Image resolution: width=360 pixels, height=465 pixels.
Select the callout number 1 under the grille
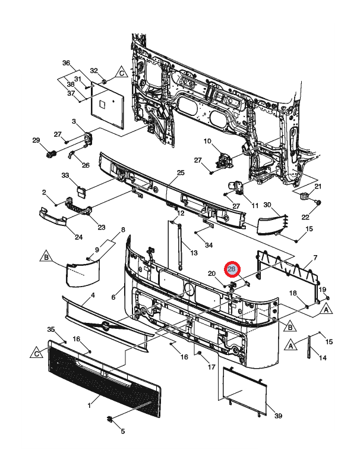[89, 406]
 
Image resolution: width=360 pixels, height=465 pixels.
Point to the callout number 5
[123, 431]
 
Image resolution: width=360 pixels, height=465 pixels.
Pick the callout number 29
[36, 140]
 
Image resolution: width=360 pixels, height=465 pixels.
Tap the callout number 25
[181, 173]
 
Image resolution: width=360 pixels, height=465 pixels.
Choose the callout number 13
[194, 253]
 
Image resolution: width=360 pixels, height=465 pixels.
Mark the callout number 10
[207, 142]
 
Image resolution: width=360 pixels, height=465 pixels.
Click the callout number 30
[267, 205]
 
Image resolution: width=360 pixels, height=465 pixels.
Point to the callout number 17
[211, 367]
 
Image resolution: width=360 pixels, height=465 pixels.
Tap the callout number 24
[78, 237]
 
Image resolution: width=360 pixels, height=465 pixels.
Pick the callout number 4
[93, 295]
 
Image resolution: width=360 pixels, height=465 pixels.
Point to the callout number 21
[317, 187]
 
